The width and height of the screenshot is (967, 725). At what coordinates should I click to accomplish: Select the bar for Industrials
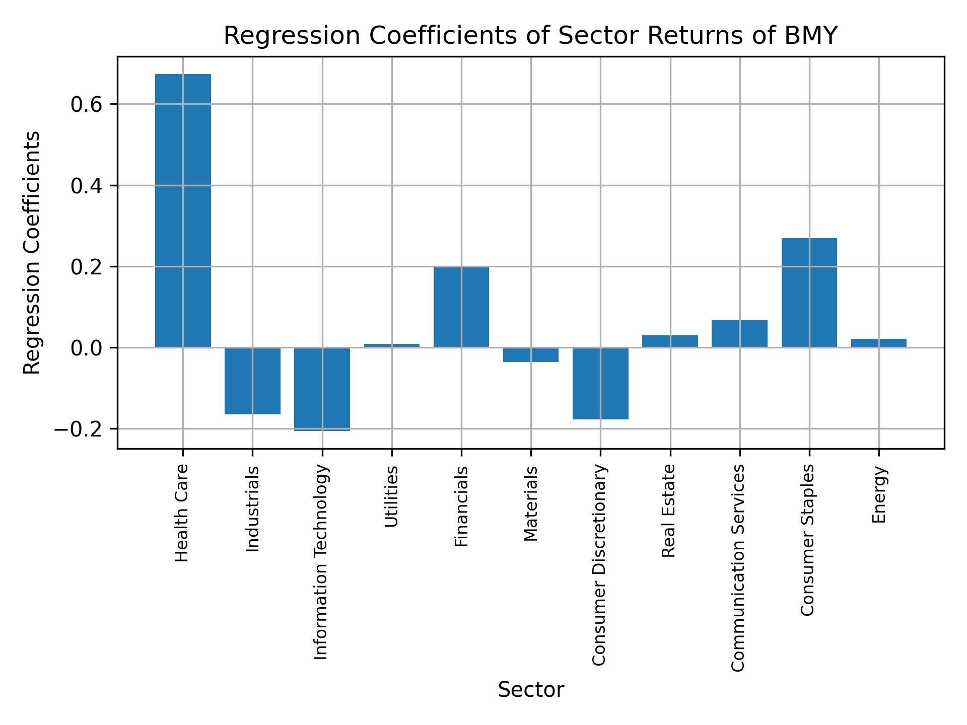pyautogui.click(x=252, y=381)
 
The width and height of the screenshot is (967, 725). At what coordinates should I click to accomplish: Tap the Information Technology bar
pyautogui.click(x=322, y=389)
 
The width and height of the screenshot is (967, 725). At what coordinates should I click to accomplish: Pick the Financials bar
pyautogui.click(x=461, y=307)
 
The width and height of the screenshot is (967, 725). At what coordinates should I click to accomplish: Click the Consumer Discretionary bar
pyautogui.click(x=600, y=383)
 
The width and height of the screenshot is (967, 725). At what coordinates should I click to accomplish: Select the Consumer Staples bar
pyautogui.click(x=809, y=293)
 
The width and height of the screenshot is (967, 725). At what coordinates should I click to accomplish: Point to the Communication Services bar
pyautogui.click(x=739, y=333)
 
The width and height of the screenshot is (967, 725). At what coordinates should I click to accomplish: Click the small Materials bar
pyautogui.click(x=531, y=355)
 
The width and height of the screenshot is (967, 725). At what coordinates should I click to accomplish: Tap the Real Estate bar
pyautogui.click(x=670, y=341)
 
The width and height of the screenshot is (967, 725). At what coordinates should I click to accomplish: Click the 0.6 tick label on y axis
pyautogui.click(x=87, y=105)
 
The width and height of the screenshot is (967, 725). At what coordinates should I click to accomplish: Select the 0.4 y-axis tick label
pyautogui.click(x=87, y=186)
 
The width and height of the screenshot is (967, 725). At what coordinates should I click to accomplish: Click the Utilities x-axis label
pyautogui.click(x=391, y=496)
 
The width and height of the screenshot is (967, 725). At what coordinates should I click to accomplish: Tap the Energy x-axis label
pyautogui.click(x=879, y=494)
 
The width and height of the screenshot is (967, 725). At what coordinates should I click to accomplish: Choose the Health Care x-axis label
pyautogui.click(x=182, y=513)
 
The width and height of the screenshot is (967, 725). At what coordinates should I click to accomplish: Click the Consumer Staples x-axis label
pyautogui.click(x=807, y=540)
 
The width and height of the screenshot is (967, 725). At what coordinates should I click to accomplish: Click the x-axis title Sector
pyautogui.click(x=531, y=690)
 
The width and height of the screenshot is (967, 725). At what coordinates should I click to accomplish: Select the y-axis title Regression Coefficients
pyautogui.click(x=32, y=253)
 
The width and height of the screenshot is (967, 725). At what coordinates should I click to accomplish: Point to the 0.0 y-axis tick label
pyautogui.click(x=87, y=348)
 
